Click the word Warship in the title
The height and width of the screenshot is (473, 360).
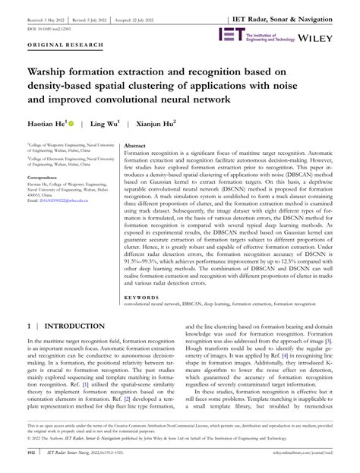pos(49,74)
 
